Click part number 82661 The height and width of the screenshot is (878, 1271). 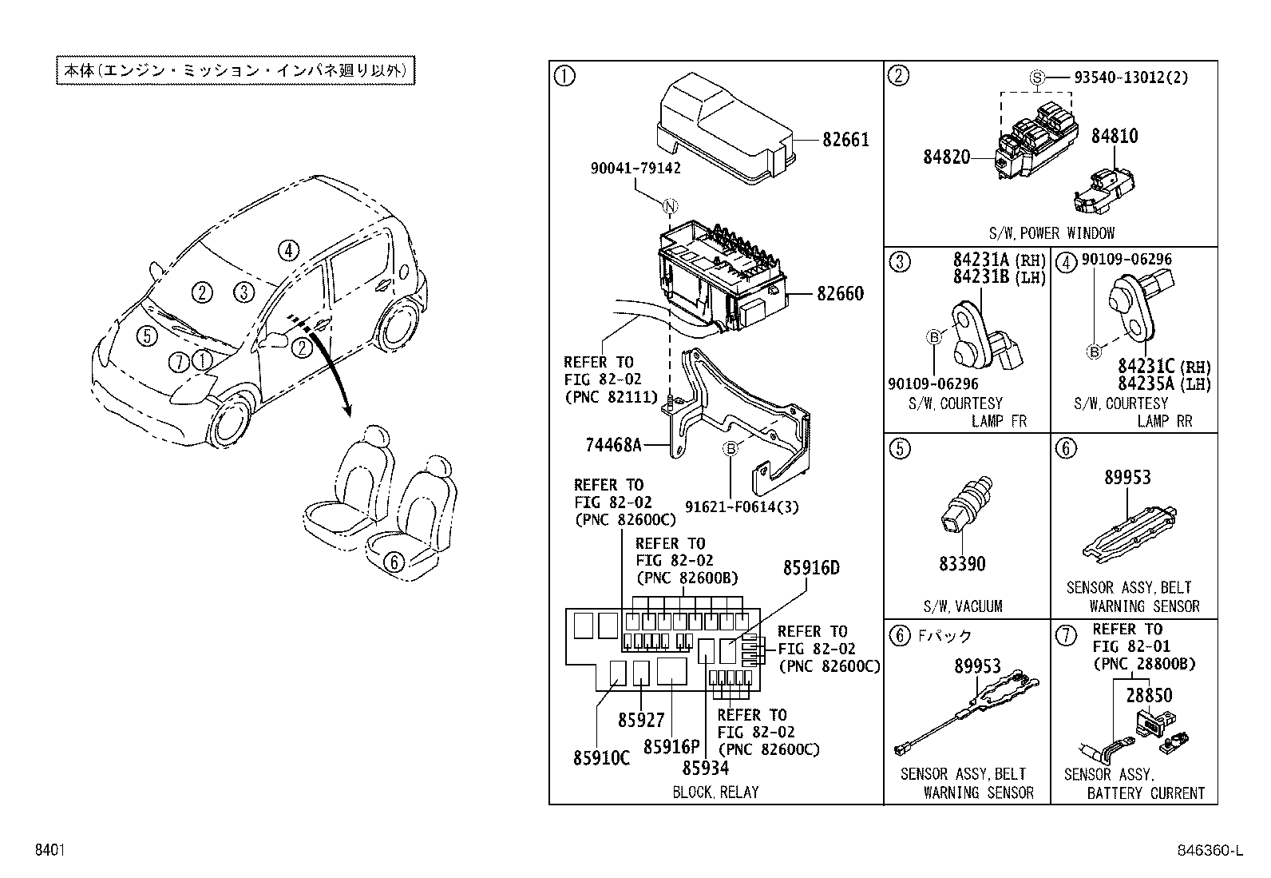coord(845,140)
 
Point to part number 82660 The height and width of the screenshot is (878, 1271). coord(840,294)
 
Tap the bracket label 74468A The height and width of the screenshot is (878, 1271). coord(614,445)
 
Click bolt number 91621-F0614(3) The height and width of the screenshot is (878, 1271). coord(741,507)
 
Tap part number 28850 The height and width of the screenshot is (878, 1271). coord(1149,695)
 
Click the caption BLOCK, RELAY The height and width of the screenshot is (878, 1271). coord(715,792)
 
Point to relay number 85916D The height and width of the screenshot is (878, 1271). coord(810,568)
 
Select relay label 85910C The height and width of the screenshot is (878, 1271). coord(600,757)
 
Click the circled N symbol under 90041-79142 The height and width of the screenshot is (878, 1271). coord(670,208)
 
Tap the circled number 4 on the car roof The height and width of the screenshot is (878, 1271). coord(288,251)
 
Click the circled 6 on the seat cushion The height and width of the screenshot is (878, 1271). coord(392,562)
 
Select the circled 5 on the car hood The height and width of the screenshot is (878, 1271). coord(146,336)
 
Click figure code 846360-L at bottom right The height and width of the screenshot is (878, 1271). coord(1212,852)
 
